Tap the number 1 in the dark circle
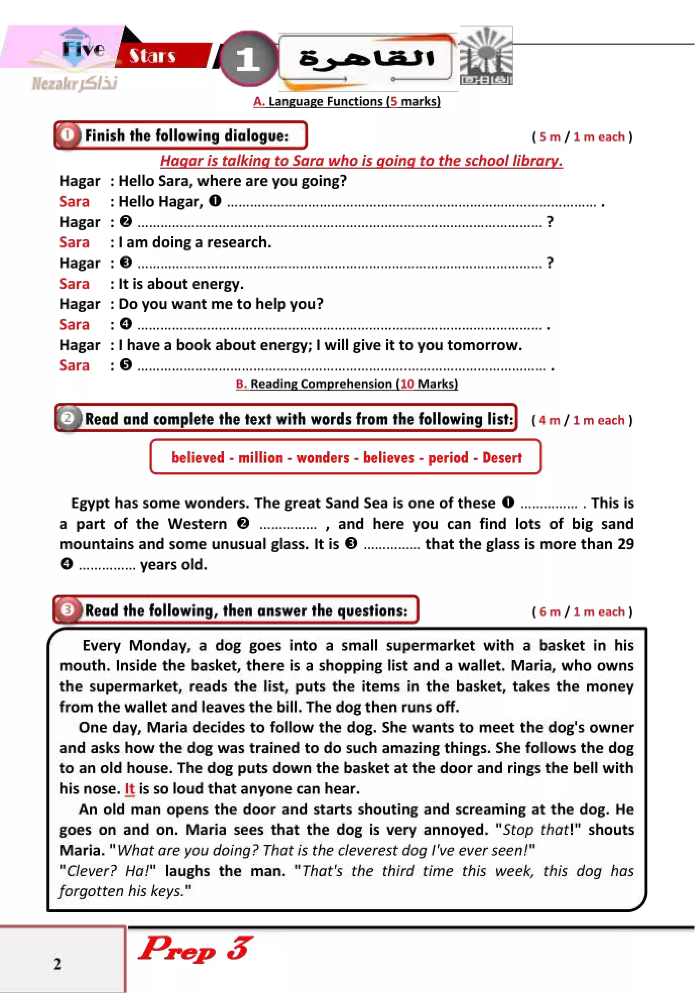(x=248, y=58)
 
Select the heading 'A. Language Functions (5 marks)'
(x=347, y=102)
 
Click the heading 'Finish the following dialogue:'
(x=186, y=136)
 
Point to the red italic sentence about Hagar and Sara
(x=361, y=161)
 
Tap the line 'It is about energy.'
(x=181, y=284)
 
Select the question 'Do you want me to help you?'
(x=221, y=304)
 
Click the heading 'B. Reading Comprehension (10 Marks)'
(x=347, y=384)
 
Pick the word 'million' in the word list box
(x=261, y=458)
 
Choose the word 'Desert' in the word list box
(x=502, y=458)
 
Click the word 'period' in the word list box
(x=448, y=458)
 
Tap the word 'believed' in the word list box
(x=198, y=458)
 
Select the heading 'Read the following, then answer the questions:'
(x=246, y=611)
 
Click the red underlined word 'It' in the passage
(x=130, y=789)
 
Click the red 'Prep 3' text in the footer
(x=196, y=949)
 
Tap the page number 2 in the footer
(x=57, y=964)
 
